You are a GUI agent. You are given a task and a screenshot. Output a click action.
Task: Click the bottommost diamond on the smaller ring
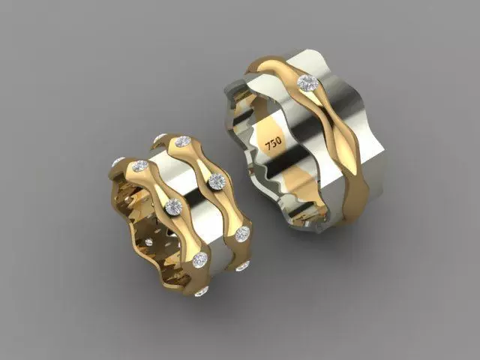click(200, 290)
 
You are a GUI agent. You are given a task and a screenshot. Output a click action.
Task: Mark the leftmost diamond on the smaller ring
click(118, 162)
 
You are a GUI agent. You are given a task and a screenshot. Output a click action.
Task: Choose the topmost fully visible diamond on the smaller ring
click(182, 142)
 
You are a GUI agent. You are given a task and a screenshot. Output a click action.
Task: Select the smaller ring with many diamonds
click(180, 217)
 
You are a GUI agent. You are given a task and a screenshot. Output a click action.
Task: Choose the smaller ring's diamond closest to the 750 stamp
click(216, 180)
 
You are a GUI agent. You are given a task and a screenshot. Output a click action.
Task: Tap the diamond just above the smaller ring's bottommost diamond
click(199, 260)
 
